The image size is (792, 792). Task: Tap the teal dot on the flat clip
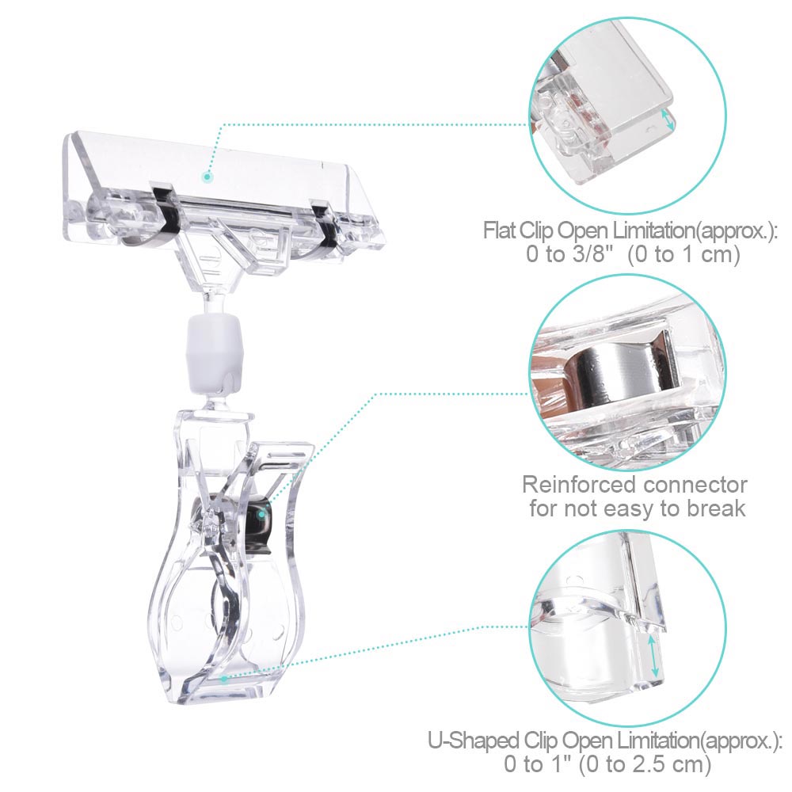207,177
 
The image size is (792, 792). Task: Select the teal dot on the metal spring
261,514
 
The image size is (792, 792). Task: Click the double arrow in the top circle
668,120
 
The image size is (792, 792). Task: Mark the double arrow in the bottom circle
653,656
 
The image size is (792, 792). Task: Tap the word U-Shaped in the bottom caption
473,741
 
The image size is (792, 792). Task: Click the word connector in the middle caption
695,485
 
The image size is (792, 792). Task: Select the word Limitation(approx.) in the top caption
694,230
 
